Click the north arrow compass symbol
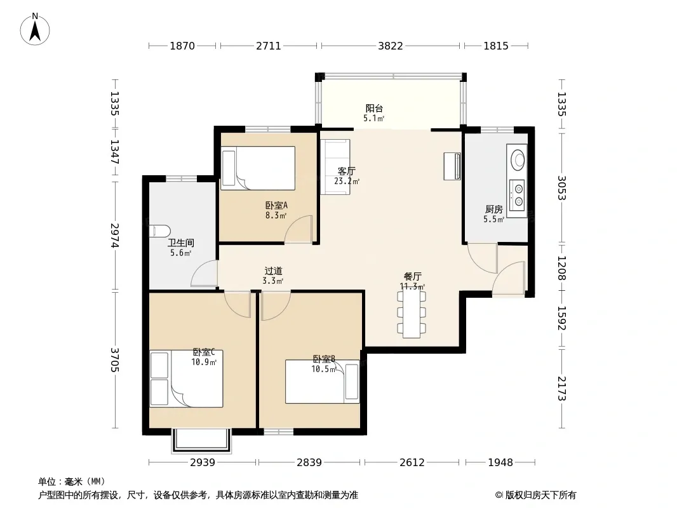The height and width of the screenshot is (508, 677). [x=35, y=29]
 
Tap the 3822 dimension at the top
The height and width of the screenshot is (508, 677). [x=391, y=46]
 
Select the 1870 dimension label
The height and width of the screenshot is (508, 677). [x=182, y=46]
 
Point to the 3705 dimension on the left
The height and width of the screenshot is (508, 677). [x=115, y=360]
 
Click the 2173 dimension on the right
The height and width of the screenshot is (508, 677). [x=561, y=389]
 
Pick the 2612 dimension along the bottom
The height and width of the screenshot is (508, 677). [x=412, y=463]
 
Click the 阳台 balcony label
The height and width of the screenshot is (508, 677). [x=374, y=109]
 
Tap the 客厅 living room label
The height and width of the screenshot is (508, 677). [x=346, y=171]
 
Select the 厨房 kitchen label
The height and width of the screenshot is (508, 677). [x=493, y=210]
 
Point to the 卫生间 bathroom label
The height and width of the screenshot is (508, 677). [x=180, y=243]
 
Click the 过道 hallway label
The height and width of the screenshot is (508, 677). [x=273, y=271]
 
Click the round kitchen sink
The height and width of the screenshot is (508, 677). [x=518, y=159]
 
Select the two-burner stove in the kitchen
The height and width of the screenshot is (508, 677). [x=517, y=195]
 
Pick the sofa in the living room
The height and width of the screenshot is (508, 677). [x=335, y=166]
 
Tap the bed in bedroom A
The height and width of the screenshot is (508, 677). [x=258, y=168]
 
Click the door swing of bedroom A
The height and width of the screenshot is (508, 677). [x=298, y=229]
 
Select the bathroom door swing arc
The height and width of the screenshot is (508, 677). [x=204, y=274]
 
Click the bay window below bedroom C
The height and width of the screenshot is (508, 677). [x=202, y=441]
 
